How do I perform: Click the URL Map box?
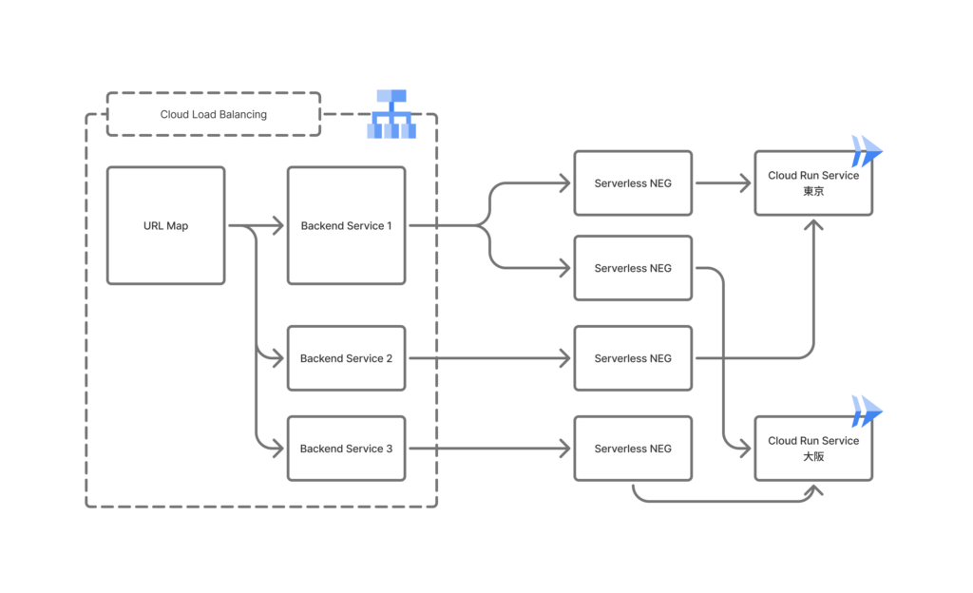(165, 226)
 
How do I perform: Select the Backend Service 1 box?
(346, 226)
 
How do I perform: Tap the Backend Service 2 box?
(346, 358)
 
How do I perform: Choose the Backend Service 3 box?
(346, 449)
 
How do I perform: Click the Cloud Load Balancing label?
(213, 114)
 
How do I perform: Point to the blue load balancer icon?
(391, 114)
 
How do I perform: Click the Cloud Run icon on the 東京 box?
(867, 151)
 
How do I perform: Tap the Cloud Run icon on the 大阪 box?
(867, 411)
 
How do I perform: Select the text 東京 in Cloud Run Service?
(813, 191)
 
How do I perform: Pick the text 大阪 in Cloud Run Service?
(813, 457)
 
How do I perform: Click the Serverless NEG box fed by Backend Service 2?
(633, 358)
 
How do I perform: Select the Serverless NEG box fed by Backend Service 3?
(633, 449)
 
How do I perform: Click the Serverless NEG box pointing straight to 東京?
(633, 182)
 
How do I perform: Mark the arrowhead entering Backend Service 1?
(278, 226)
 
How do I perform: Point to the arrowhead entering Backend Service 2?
(278, 358)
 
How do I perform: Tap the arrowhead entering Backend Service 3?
(278, 449)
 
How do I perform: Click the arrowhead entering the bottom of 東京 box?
(813, 223)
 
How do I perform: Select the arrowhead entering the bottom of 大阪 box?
(813, 488)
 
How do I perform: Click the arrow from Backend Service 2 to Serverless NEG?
(489, 358)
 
